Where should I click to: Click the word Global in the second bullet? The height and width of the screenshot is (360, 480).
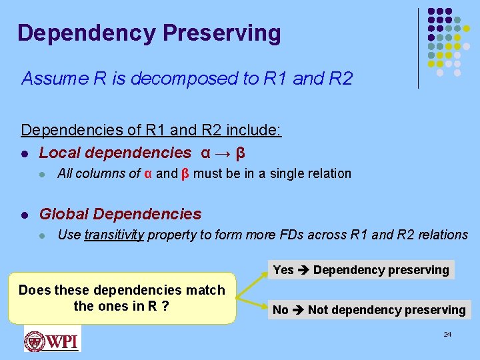pos(64,214)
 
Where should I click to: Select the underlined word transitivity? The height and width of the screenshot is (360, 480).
pos(114,235)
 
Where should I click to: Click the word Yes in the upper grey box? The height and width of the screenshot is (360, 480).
pos(283,270)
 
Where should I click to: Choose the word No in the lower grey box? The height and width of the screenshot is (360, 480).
pos(281,310)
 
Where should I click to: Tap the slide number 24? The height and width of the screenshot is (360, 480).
pos(447,333)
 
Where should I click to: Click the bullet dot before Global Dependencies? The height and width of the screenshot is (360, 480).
pos(25,215)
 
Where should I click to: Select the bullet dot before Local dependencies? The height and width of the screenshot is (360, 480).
pos(25,153)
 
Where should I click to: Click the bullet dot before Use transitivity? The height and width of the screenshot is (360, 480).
pos(42,235)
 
